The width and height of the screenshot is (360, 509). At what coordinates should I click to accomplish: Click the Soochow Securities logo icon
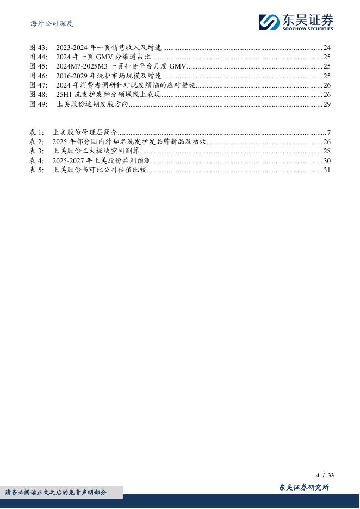[x=269, y=22]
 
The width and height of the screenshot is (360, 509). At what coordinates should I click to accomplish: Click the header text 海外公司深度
[x=51, y=23]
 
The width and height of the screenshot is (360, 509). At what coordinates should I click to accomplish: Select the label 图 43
[x=38, y=48]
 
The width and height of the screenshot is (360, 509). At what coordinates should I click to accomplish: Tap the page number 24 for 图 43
[x=327, y=48]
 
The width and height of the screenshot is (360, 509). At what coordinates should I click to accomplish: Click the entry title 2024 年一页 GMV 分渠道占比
[x=103, y=57]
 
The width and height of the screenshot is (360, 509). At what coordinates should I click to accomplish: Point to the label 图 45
[x=38, y=66]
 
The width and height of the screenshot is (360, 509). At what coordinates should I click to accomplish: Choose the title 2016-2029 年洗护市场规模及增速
[x=108, y=76]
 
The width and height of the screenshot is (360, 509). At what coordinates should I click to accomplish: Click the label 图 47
[x=38, y=85]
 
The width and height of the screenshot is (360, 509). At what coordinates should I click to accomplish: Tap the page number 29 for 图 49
[x=327, y=104]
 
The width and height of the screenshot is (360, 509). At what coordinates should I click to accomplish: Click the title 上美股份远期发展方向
[x=92, y=104]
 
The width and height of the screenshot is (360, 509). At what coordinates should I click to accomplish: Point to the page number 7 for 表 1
[x=329, y=133]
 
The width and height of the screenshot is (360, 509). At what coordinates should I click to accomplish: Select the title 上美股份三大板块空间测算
[x=96, y=151]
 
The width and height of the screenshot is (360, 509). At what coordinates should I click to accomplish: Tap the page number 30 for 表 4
[x=327, y=161]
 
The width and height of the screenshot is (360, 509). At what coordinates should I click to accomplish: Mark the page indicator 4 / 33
[x=325, y=475]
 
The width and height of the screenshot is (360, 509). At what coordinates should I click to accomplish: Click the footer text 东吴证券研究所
[x=304, y=487]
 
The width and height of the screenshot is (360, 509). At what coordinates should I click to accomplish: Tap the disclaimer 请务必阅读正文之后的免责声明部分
[x=56, y=493]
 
